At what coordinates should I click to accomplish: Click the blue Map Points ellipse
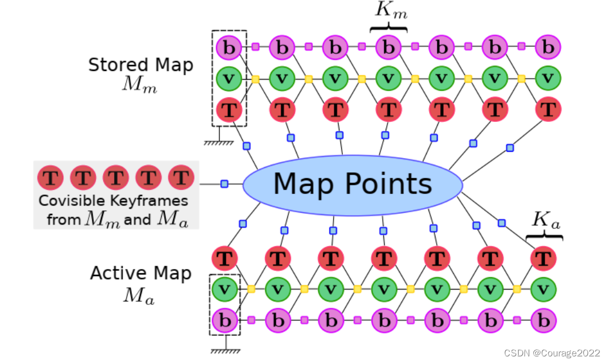353,185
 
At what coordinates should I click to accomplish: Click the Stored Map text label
141,65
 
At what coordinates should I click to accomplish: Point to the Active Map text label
141,274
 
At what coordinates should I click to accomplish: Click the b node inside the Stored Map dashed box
229,47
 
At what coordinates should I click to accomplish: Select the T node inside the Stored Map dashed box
229,109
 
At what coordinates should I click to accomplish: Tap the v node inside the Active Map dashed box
224,288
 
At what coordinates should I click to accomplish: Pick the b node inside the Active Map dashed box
224,320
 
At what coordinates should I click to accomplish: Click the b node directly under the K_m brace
389,47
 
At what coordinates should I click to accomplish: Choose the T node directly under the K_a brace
543,258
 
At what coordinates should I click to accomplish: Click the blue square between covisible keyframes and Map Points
224,184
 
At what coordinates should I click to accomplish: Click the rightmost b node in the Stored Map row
548,47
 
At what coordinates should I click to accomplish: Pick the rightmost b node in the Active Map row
543,320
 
